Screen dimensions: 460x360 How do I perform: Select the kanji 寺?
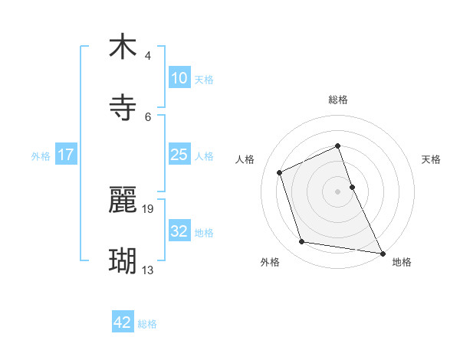(123, 107)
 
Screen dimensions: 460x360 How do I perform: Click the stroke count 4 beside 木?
(148, 56)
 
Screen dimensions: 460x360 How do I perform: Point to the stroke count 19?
(149, 208)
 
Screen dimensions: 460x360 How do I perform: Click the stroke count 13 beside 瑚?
(148, 270)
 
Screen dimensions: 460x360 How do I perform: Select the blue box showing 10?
(179, 78)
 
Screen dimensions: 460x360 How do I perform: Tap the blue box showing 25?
(179, 155)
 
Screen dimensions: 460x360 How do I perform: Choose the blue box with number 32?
(179, 231)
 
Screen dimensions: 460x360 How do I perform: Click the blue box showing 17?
(66, 155)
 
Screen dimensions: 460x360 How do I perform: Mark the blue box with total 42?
(123, 322)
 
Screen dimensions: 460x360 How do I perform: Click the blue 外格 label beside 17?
(41, 156)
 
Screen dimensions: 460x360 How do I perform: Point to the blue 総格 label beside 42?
(147, 324)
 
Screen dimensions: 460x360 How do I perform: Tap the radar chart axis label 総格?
(338, 100)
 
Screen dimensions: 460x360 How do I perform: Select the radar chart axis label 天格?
(432, 159)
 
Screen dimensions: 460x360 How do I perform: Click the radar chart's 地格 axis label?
(402, 262)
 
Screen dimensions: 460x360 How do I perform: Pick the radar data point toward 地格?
(383, 253)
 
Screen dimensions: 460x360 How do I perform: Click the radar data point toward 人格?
(280, 172)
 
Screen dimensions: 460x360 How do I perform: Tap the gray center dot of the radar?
(338, 191)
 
